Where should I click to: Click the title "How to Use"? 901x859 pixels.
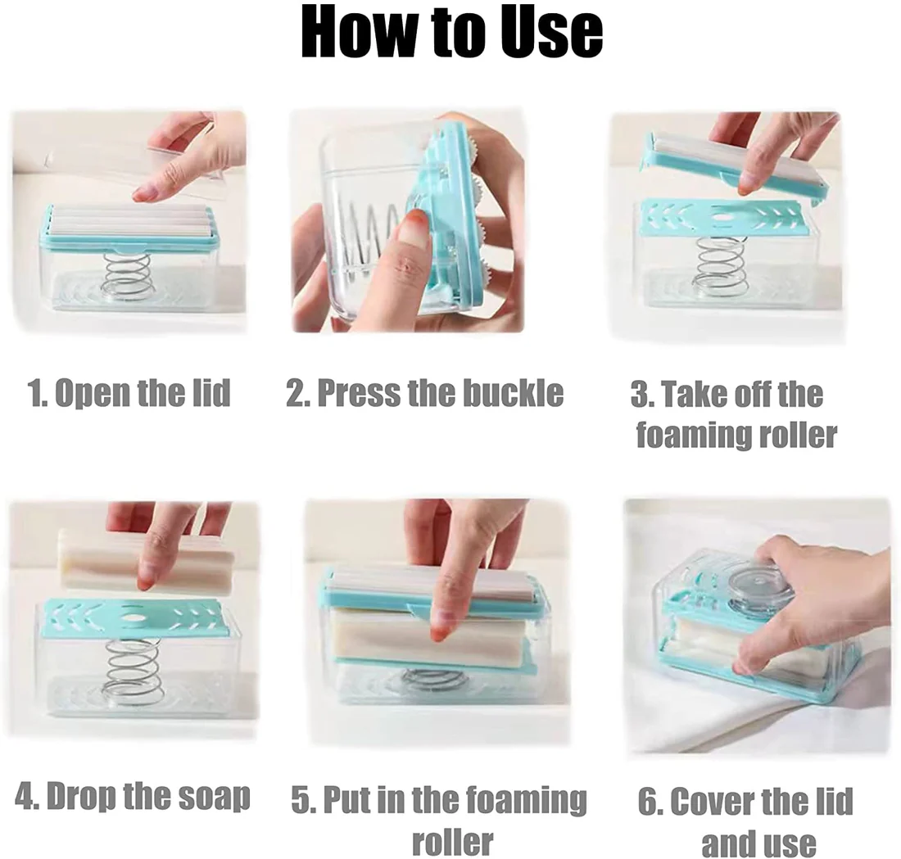(x=451, y=33)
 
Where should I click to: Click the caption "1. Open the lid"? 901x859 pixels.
(x=129, y=393)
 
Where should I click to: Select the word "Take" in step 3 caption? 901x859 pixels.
(x=695, y=394)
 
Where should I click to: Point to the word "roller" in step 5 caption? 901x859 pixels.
(x=452, y=840)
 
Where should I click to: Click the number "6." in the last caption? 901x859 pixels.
(x=650, y=802)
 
